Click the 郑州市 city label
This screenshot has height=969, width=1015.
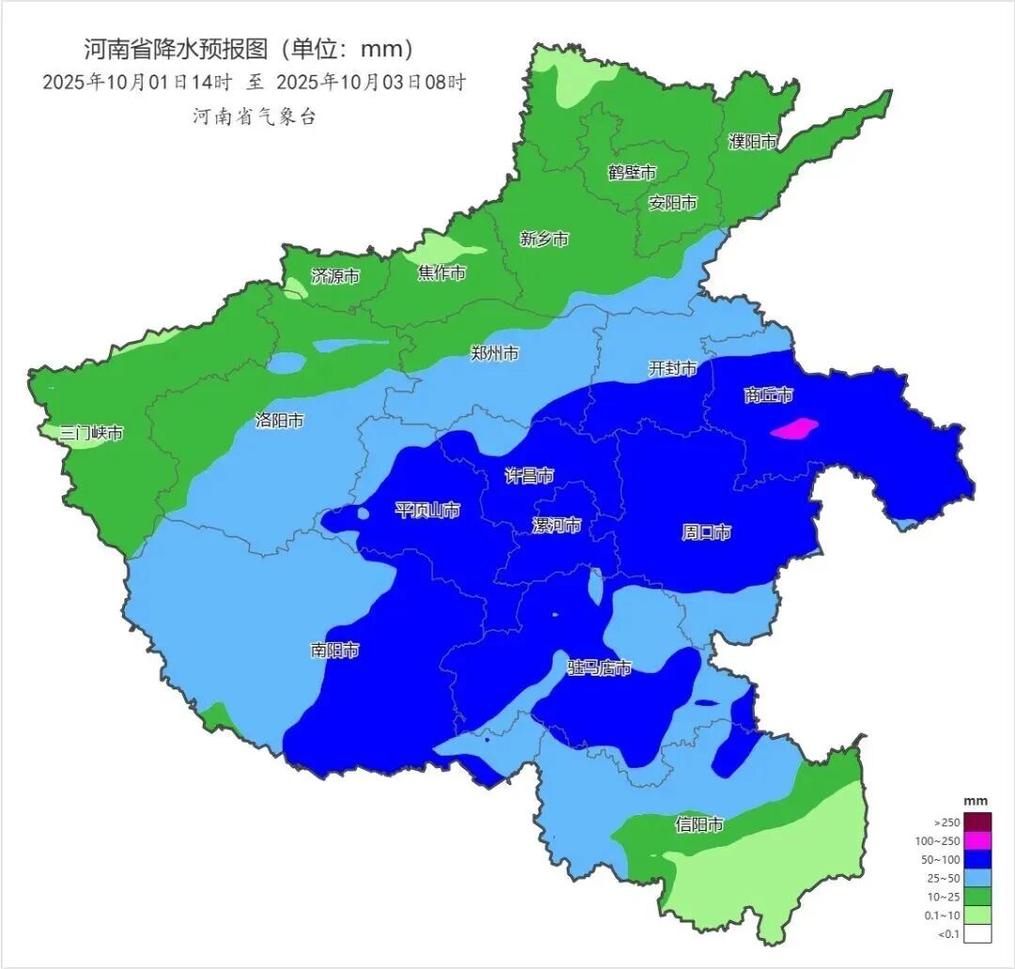tap(494, 353)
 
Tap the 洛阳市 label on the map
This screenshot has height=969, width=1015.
tap(279, 421)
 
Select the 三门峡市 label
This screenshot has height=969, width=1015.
tap(91, 433)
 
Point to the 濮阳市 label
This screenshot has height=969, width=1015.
tap(754, 142)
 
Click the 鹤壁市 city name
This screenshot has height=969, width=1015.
tap(632, 172)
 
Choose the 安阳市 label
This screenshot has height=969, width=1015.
tap(673, 203)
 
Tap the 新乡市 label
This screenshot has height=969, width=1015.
tap(544, 239)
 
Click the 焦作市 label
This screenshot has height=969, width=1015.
tap(442, 274)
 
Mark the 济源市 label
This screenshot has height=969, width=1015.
tap(336, 276)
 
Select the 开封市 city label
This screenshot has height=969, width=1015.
tap(673, 369)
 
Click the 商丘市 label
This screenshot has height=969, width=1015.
tap(769, 395)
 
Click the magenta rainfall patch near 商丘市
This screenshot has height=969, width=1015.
tap(794, 429)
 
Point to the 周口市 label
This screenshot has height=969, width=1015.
tap(707, 533)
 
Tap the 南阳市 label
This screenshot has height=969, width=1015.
tap(335, 649)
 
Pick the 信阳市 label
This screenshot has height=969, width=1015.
tap(700, 825)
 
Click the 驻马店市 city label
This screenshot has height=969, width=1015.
tap(600, 668)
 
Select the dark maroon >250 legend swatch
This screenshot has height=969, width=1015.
tap(978, 821)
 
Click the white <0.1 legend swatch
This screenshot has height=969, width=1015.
tap(978, 933)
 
